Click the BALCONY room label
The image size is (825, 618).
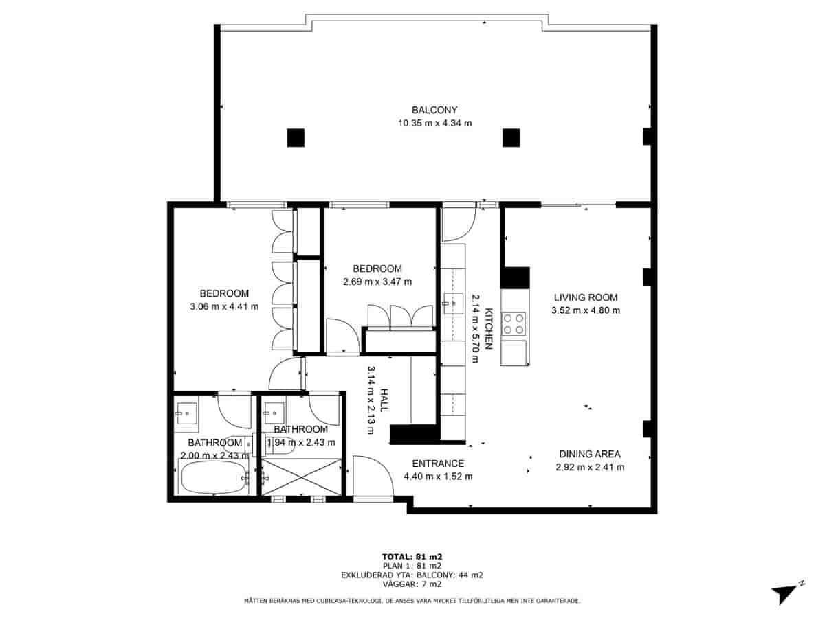click(434, 110)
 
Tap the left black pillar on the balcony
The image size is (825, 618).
click(296, 138)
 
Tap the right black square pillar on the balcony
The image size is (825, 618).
click(511, 138)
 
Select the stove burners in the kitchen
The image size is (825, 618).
click(515, 323)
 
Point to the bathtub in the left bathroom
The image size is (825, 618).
click(213, 477)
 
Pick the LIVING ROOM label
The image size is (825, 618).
click(586, 297)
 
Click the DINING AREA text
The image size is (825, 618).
click(589, 454)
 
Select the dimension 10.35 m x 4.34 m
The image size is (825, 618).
click(434, 123)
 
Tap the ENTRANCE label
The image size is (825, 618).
click(438, 463)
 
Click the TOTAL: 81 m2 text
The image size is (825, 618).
click(412, 556)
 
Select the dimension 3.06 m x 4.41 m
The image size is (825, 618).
click(224, 306)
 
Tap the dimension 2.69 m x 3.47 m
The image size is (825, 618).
click(377, 281)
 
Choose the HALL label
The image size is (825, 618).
click(384, 400)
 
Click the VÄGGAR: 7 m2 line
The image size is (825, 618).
click(412, 584)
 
